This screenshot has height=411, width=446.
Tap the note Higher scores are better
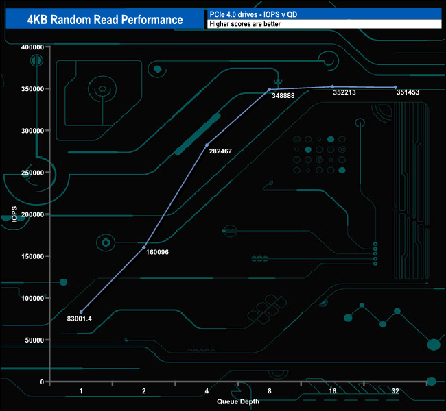(x=245, y=24)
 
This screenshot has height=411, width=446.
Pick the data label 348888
(x=283, y=96)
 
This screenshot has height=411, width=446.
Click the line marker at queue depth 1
(x=81, y=312)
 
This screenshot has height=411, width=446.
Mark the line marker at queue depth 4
(x=207, y=145)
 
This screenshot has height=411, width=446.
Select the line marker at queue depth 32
(x=395, y=88)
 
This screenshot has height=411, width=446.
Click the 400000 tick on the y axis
(x=32, y=47)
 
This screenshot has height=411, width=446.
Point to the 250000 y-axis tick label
(x=32, y=173)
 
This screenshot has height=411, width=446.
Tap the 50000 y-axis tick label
(x=34, y=340)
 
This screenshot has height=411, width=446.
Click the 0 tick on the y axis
(x=43, y=382)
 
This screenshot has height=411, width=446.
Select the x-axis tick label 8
(x=270, y=391)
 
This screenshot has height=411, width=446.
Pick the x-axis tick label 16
(x=332, y=391)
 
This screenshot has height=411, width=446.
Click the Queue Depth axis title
(x=238, y=401)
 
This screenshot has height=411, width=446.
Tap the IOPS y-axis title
(x=15, y=214)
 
